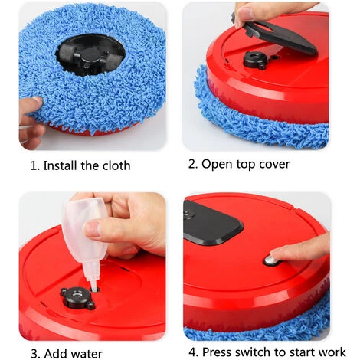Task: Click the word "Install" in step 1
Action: pyautogui.click(x=60, y=165)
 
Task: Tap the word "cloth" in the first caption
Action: pyautogui.click(x=116, y=165)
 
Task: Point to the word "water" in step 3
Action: pyautogui.click(x=87, y=354)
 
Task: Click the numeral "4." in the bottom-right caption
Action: pyautogui.click(x=194, y=352)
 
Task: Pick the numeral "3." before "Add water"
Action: pyautogui.click(x=36, y=354)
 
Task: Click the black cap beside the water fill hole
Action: pyautogui.click(x=77, y=298)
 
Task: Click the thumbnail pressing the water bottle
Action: pyautogui.click(x=93, y=228)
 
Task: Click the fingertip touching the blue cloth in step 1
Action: pyautogui.click(x=35, y=103)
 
